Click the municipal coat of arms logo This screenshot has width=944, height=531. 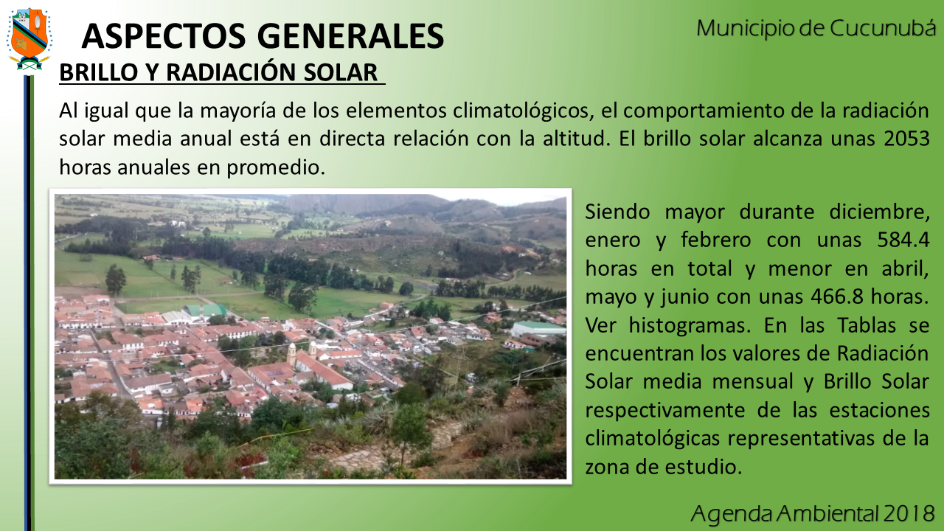[x=29, y=39]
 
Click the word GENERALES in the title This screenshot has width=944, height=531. [x=350, y=36]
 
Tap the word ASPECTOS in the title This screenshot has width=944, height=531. [x=164, y=36]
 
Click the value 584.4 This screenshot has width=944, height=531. [x=903, y=240]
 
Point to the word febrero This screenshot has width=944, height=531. [x=716, y=240]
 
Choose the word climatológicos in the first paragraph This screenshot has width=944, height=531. [x=524, y=111]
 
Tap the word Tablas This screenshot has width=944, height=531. [x=867, y=325]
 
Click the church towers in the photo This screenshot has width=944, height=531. [x=302, y=352]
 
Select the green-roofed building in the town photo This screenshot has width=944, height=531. [x=204, y=310]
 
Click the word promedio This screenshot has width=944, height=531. [x=276, y=167]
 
